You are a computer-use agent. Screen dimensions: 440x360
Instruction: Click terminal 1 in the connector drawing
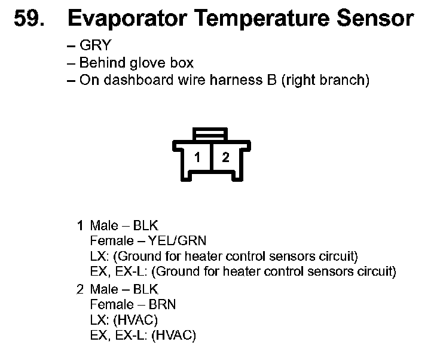pyautogui.click(x=197, y=158)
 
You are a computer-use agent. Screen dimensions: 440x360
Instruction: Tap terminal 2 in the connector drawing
pyautogui.click(x=225, y=158)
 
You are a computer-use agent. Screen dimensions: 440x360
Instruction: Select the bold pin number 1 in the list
pyautogui.click(x=80, y=225)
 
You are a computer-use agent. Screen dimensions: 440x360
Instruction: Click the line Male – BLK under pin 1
pyautogui.click(x=124, y=225)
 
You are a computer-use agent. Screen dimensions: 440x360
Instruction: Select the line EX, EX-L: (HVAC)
pyautogui.click(x=143, y=335)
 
